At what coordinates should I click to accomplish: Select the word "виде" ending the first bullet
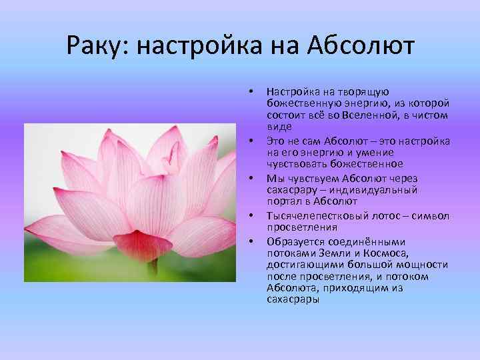click(x=279, y=127)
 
